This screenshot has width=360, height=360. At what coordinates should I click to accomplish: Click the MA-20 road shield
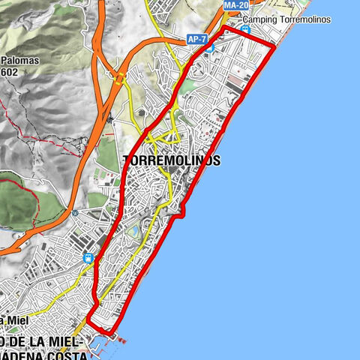pyautogui.click(x=235, y=5)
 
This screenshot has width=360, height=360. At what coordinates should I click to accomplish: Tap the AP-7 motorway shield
pyautogui.click(x=197, y=37)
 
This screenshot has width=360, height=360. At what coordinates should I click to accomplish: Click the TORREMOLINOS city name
pyautogui.click(x=171, y=161)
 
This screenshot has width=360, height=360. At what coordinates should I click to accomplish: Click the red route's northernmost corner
pyautogui.click(x=225, y=28)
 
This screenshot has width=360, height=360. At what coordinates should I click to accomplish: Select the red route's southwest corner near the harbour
pyautogui.click(x=88, y=319)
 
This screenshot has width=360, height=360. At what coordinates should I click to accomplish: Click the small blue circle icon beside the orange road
pyautogui.click(x=75, y=213)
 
